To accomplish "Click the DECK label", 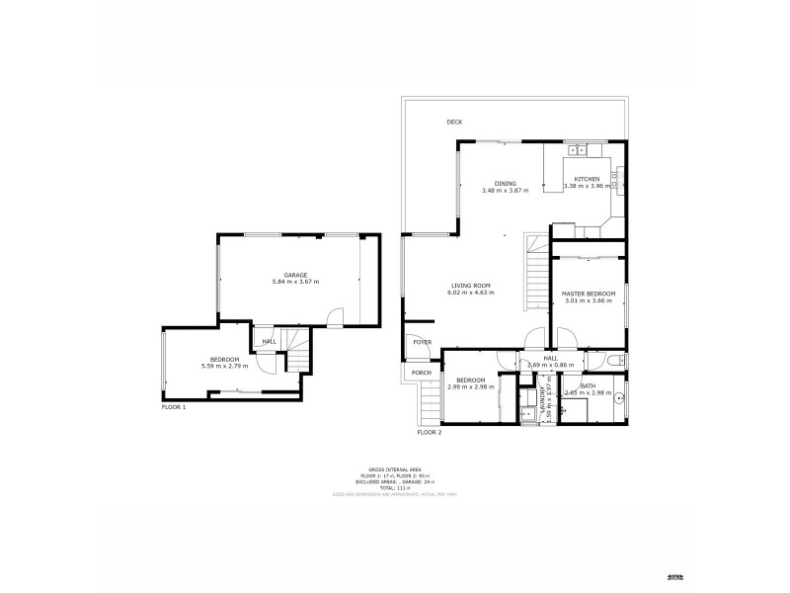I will (454, 122).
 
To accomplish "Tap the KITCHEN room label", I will (588, 179).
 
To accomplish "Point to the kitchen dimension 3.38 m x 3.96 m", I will (588, 187).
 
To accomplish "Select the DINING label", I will (505, 183).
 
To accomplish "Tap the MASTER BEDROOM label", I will (588, 294).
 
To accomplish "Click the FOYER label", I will (423, 342).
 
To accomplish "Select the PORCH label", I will (422, 373).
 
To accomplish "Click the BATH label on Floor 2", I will (588, 385).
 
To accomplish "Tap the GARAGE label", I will (295, 275).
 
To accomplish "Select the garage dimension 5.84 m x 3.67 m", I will (295, 283).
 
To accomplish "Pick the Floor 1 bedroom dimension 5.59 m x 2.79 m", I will (224, 367).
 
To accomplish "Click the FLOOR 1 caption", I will (173, 406).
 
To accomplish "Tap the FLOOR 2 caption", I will (429, 433).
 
